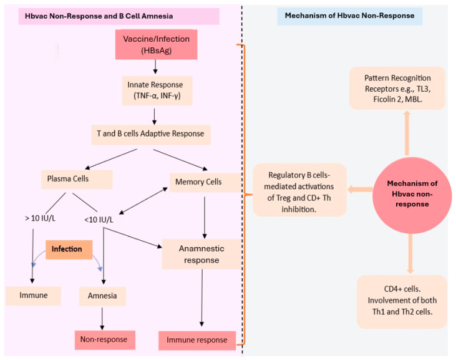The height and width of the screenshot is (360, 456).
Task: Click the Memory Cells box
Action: coord(196,182)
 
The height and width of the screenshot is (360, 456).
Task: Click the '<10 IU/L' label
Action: coord(100,219)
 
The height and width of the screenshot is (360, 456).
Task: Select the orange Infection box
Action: coord(67,248)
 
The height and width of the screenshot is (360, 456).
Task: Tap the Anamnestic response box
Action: coord(201,254)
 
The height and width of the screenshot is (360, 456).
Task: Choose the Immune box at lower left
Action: coord(33,296)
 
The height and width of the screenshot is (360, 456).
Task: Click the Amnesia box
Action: coord(102,296)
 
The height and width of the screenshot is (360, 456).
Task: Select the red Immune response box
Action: coord(197,340)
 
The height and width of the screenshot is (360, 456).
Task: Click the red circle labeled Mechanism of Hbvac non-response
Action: coord(412,193)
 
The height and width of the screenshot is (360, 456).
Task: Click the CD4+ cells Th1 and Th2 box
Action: coord(402,302)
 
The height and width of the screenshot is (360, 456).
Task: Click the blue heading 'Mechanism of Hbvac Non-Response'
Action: coord(349,15)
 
